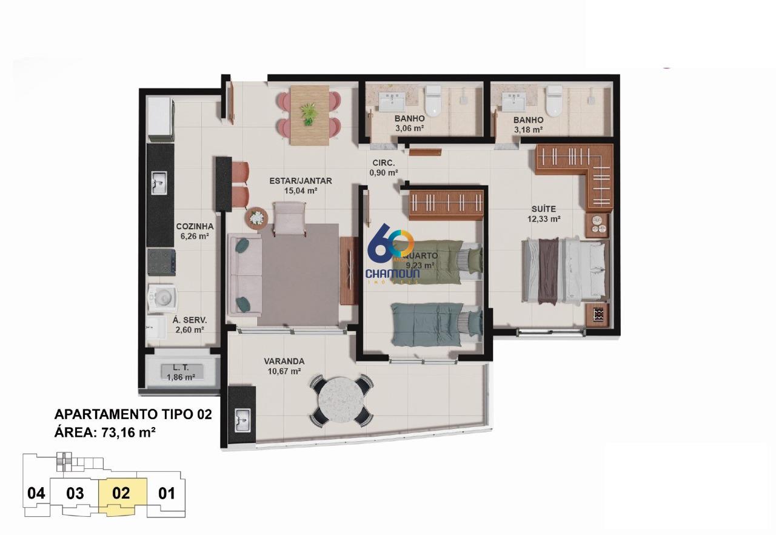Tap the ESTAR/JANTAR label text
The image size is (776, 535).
tap(301, 180)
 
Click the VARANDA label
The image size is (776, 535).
tap(284, 361)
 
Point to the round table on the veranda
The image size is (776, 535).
tap(341, 400)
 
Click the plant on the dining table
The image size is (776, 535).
tap(309, 113)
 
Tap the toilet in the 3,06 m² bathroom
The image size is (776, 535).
tap(433, 101)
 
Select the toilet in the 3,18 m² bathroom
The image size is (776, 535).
tap(554, 101)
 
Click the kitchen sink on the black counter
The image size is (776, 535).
tap(158, 182)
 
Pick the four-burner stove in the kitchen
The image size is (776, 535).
tap(162, 261)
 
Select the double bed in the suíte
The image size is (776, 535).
tap(564, 270)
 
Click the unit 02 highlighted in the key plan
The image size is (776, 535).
tap(122, 493)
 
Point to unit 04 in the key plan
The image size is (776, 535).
tap(36, 493)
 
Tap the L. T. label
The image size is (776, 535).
tap(181, 367)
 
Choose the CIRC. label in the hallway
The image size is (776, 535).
tap(383, 163)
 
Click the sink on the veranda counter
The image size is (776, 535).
tap(242, 417)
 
